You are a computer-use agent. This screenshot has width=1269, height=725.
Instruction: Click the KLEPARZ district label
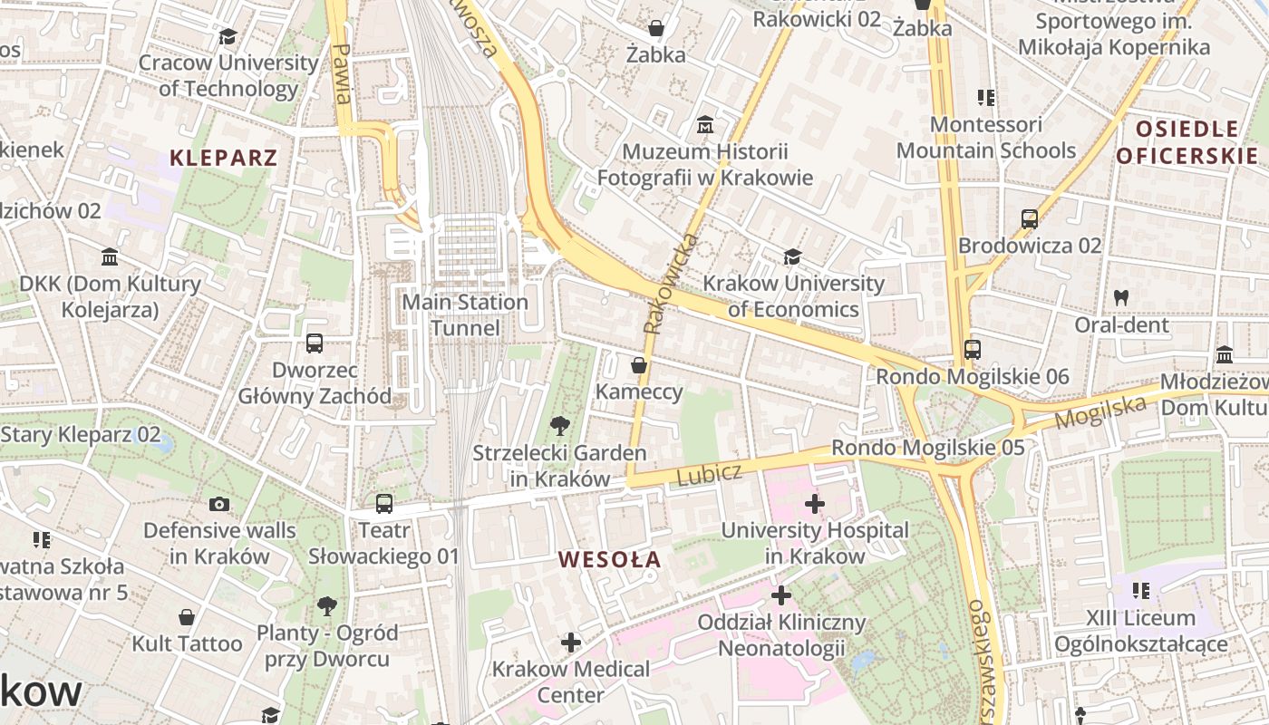(x=223, y=158)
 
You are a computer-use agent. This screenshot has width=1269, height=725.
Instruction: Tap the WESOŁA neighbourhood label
(x=610, y=559)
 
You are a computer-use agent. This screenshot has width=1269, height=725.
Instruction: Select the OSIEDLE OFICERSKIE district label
(x=1187, y=142)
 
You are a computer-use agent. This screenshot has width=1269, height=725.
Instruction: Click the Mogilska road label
(x=1100, y=412)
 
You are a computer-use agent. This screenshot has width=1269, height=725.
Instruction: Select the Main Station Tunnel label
(x=464, y=314)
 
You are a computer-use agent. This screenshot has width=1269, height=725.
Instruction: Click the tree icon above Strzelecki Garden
(x=560, y=425)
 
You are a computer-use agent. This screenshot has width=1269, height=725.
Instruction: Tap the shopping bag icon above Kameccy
(x=639, y=365)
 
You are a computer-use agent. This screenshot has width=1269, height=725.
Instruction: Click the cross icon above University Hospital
(x=814, y=503)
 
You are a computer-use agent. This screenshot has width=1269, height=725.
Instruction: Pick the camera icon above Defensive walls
(x=218, y=504)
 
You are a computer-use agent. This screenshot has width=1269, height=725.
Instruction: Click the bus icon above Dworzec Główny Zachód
(x=315, y=343)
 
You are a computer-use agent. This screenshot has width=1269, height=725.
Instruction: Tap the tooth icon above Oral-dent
(x=1121, y=297)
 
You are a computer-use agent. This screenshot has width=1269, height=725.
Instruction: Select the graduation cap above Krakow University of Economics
(x=792, y=257)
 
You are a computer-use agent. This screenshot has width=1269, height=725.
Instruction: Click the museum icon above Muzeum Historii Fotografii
(x=704, y=124)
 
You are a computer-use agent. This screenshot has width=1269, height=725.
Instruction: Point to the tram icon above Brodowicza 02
(x=1029, y=218)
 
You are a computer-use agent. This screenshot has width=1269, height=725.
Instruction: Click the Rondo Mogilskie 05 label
(x=927, y=448)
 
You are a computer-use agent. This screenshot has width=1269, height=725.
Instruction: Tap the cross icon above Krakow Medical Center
(x=570, y=643)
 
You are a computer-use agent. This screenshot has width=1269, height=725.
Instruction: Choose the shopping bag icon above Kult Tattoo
(x=187, y=617)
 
